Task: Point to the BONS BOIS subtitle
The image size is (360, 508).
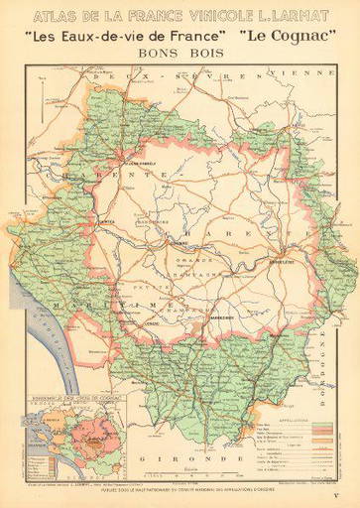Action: pos(180,54)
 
